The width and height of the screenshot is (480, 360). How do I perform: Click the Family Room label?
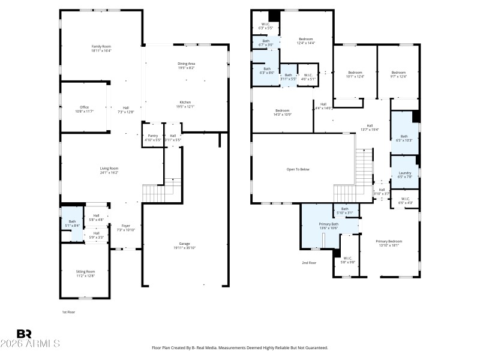pyautogui.click(x=101, y=48)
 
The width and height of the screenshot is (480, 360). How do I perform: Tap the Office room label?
pyautogui.click(x=84, y=109)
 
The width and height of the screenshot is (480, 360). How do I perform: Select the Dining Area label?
pyautogui.click(x=186, y=65)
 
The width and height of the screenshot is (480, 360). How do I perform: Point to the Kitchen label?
pyautogui.click(x=186, y=104)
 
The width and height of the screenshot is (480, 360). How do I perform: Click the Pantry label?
pyautogui.click(x=152, y=137)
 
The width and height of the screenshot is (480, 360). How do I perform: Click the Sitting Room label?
pyautogui.click(x=85, y=273)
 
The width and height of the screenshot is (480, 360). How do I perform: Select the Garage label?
pyautogui.click(x=184, y=245)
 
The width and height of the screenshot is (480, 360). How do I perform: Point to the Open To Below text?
pyautogui.click(x=298, y=169)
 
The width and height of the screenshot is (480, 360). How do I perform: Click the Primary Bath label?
pyautogui.click(x=328, y=226)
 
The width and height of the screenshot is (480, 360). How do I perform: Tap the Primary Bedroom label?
pyautogui.click(x=389, y=243)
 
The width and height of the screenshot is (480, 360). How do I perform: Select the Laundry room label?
pyautogui.click(x=404, y=175)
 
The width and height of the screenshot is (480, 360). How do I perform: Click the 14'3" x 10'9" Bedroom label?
pyautogui.click(x=283, y=112)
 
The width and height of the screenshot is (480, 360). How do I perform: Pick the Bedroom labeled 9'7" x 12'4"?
pyautogui.click(x=398, y=74)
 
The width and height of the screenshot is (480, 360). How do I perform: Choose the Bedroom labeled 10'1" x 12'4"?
pyautogui.click(x=355, y=74)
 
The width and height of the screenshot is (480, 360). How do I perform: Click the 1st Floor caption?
pyautogui.click(x=69, y=312)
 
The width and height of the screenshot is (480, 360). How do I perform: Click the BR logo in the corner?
pyautogui.click(x=24, y=334)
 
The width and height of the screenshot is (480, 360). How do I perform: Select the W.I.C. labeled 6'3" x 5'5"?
pyautogui.click(x=265, y=26)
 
